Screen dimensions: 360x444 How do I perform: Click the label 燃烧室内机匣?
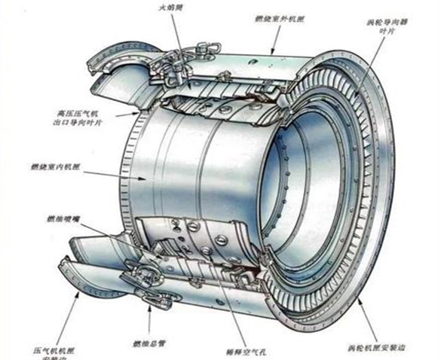[57, 165]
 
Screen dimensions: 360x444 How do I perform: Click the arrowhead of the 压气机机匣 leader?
[75, 294]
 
